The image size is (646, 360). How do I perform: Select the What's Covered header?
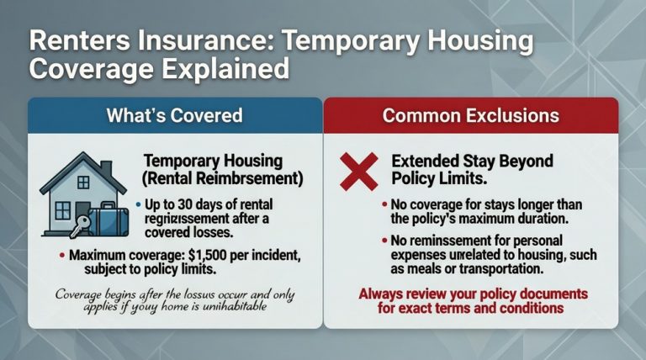pos(174,116)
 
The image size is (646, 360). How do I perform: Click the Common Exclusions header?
pos(470,116)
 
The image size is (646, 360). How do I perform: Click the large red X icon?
pos(358,172)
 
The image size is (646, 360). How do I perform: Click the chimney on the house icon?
pos(106,170)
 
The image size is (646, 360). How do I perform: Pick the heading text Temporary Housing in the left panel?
pos(214,160)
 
